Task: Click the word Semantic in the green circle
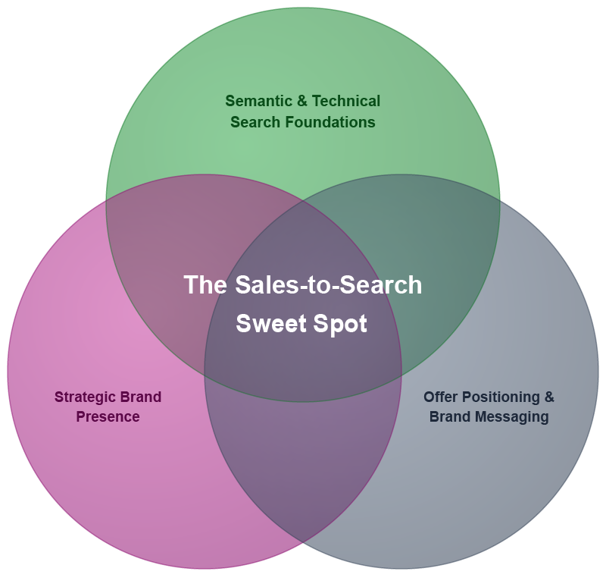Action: pos(258,101)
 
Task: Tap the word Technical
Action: pos(346,101)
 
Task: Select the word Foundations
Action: pos(330,122)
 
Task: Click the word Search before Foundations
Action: pos(255,122)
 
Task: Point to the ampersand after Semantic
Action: pos(301,101)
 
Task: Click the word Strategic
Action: pos(85,397)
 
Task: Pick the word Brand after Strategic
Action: pos(140,397)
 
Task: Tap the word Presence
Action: pos(108,417)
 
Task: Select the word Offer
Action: pos(441,397)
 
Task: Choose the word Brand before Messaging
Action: pos(450,417)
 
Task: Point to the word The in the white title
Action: pos(205,285)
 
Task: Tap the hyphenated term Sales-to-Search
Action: pos(329,285)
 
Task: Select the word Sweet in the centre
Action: pos(272,324)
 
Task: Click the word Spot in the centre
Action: pos(340,325)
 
